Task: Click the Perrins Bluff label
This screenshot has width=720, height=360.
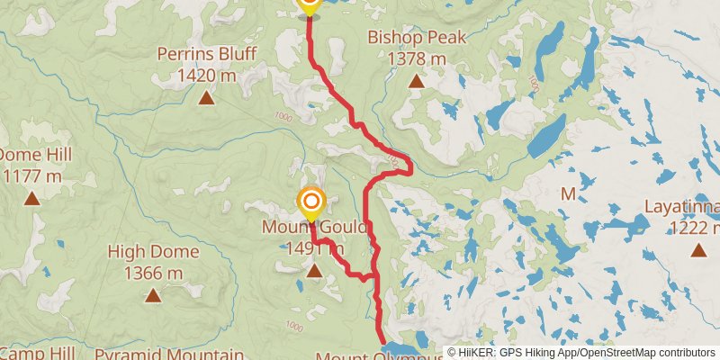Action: click(x=206, y=54)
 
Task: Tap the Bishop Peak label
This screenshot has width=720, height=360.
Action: click(x=417, y=38)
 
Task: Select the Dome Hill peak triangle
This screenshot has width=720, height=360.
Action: click(x=32, y=198)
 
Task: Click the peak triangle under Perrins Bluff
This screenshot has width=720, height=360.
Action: click(x=206, y=98)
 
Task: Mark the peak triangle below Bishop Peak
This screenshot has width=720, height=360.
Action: click(x=417, y=82)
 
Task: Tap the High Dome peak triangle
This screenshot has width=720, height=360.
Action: click(x=153, y=294)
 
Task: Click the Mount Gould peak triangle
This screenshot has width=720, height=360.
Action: click(x=314, y=270)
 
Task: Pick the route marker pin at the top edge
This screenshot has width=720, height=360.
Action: click(x=309, y=4)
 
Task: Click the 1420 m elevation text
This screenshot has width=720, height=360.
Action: click(x=206, y=76)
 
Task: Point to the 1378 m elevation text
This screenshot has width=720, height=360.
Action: click(x=417, y=59)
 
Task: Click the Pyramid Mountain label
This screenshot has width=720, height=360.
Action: click(x=169, y=355)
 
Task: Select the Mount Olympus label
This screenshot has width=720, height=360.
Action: click(x=378, y=356)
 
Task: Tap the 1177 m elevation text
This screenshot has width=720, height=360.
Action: click(x=31, y=175)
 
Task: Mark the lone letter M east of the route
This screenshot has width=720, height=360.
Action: click(x=568, y=193)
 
